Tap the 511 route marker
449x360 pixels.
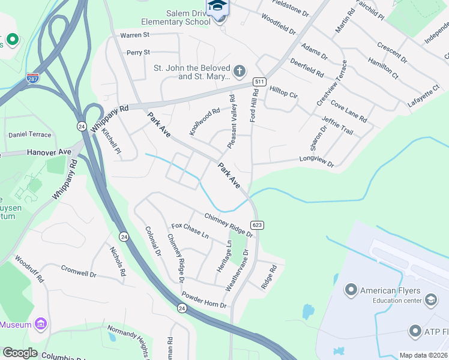tap(259, 81)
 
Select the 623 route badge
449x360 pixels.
tap(257, 225)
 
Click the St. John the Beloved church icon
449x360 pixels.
tap(239, 71)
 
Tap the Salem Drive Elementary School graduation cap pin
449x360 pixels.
tap(217, 7)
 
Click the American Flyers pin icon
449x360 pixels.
tap(351, 290)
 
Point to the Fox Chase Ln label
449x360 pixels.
tap(190, 231)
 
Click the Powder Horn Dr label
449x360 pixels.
tap(204, 301)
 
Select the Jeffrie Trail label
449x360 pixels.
tap(338, 126)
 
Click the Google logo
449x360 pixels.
tap(20, 352)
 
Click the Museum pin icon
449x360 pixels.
tap(41, 325)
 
